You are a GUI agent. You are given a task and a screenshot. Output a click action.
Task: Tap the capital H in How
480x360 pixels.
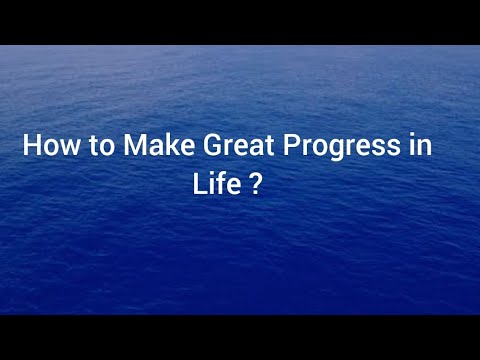coord(31,146)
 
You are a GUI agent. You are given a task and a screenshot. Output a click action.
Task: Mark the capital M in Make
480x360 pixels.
coord(133,146)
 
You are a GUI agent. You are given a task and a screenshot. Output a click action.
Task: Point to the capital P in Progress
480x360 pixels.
coord(291,146)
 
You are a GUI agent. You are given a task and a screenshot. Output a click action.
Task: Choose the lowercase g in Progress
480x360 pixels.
coord(341,150)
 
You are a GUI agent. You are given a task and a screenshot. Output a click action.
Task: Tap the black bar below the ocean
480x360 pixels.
coord(240,338)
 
